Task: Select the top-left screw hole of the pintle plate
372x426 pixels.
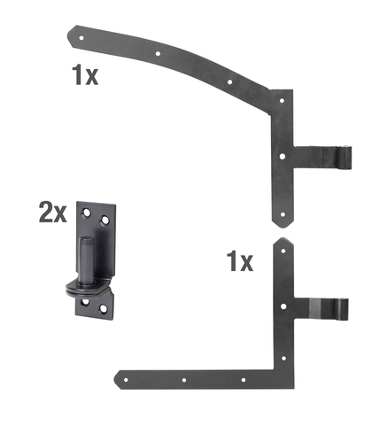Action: tap(86, 211)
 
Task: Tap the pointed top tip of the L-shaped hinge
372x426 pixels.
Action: tap(282, 240)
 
